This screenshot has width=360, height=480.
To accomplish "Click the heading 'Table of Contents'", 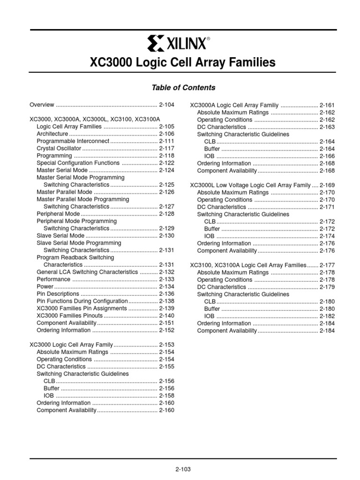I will [x=183, y=88].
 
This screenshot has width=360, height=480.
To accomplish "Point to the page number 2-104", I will [x=166, y=105].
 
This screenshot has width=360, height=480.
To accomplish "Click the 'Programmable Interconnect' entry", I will [x=73, y=141].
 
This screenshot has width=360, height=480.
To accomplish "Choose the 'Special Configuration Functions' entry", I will [x=78, y=163].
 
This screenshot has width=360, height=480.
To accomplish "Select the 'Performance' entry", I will [x=54, y=279].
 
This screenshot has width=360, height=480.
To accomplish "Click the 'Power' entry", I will [x=45, y=286].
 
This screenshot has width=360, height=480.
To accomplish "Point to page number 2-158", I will [x=166, y=396].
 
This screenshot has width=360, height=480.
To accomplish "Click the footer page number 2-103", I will [x=183, y=469].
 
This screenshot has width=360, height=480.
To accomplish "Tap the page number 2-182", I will [x=327, y=316].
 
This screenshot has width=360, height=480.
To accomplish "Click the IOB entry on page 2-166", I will [x=209, y=156].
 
